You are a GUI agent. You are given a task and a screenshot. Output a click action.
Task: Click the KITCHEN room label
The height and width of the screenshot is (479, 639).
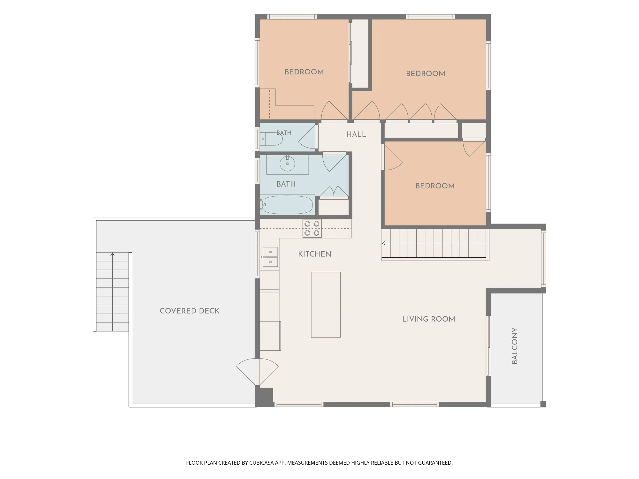tap(314, 254)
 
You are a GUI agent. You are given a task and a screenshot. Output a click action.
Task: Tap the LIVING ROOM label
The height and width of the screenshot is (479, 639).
tap(428, 319)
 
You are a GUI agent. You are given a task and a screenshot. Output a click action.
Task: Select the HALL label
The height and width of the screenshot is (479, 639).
tap(356, 134)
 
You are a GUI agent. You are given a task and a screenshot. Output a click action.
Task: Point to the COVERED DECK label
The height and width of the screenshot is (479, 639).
tap(189, 311)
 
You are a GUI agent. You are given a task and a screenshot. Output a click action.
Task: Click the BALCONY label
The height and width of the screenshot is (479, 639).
tap(514, 346)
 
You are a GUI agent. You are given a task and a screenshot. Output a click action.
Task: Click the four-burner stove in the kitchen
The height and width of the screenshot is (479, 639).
tap(312, 228)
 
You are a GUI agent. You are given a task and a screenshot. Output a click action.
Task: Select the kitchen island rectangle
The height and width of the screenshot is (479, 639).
tap(326, 305)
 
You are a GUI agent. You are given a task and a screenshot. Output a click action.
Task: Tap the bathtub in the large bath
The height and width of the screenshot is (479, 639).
tap(287, 205)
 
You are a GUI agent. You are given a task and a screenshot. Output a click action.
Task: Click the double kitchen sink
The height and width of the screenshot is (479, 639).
tap(270, 257)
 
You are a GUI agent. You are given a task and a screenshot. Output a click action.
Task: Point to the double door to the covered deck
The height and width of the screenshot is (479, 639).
tap(257, 372)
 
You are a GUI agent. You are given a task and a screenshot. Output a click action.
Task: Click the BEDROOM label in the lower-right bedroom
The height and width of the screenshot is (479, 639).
tap(435, 186)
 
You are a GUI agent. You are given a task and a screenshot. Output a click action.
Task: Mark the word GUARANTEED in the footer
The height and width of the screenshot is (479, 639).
tap(435, 463)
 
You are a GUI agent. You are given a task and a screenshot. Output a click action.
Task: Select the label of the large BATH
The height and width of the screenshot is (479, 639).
tap(286, 184)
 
